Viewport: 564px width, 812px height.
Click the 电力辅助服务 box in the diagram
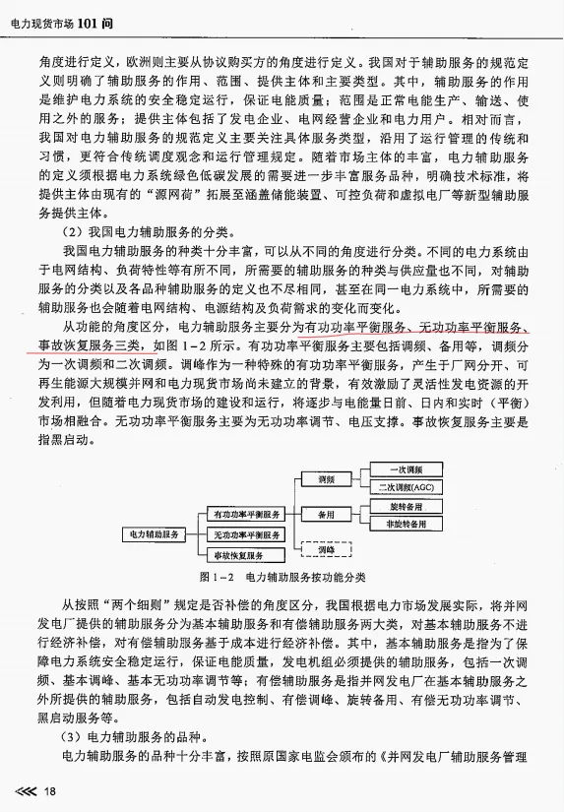click(x=153, y=533)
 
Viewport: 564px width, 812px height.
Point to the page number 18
click(x=48, y=790)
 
